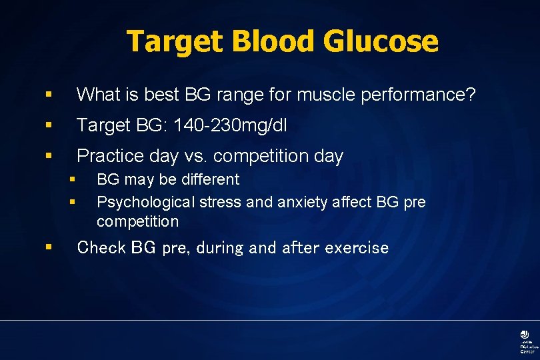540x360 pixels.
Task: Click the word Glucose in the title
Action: point(381,41)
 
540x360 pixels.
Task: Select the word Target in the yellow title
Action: point(175,41)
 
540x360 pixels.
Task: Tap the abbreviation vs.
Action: point(199,156)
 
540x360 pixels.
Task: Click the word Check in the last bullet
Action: point(101,248)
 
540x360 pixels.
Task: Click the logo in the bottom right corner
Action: point(525,340)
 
